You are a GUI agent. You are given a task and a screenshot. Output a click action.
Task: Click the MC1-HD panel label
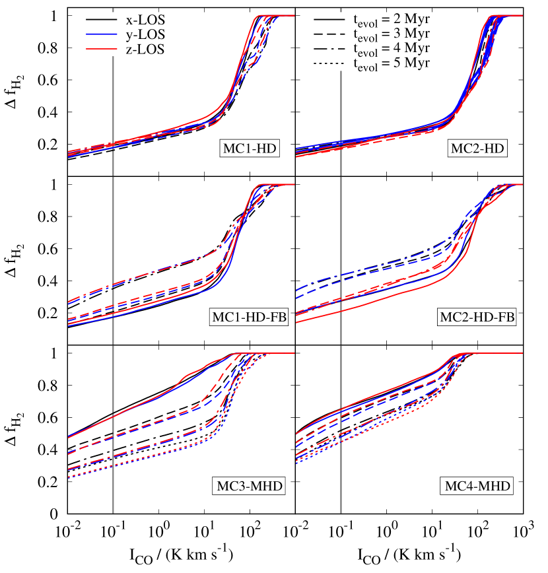[x=248, y=149]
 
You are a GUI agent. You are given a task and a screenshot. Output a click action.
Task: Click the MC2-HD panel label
[x=477, y=149]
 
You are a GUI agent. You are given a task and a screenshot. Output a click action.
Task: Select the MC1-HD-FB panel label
[x=249, y=318]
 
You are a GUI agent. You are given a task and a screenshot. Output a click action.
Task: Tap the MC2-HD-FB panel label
[x=477, y=318]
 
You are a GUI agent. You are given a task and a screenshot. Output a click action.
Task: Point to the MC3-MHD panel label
[x=249, y=487]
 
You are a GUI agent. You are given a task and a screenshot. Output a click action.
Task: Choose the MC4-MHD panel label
[x=477, y=487]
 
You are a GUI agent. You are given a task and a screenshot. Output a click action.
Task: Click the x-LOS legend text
[x=145, y=19]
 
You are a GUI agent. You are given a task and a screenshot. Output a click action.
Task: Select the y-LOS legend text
[x=145, y=34]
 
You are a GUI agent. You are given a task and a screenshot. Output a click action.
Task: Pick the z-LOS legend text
[x=145, y=50]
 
